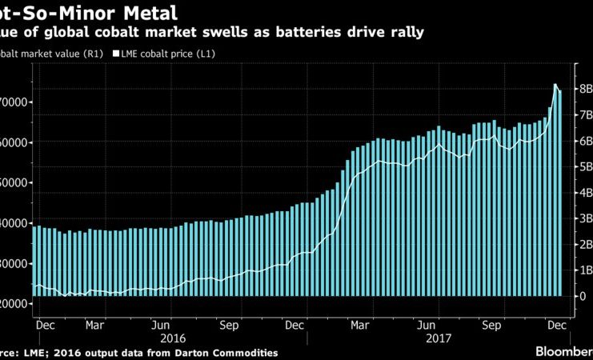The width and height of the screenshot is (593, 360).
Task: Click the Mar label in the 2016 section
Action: point(95,326)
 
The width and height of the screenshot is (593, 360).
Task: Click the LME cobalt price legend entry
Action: point(168,54)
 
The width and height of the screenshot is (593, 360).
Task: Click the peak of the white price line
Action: point(555,84)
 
